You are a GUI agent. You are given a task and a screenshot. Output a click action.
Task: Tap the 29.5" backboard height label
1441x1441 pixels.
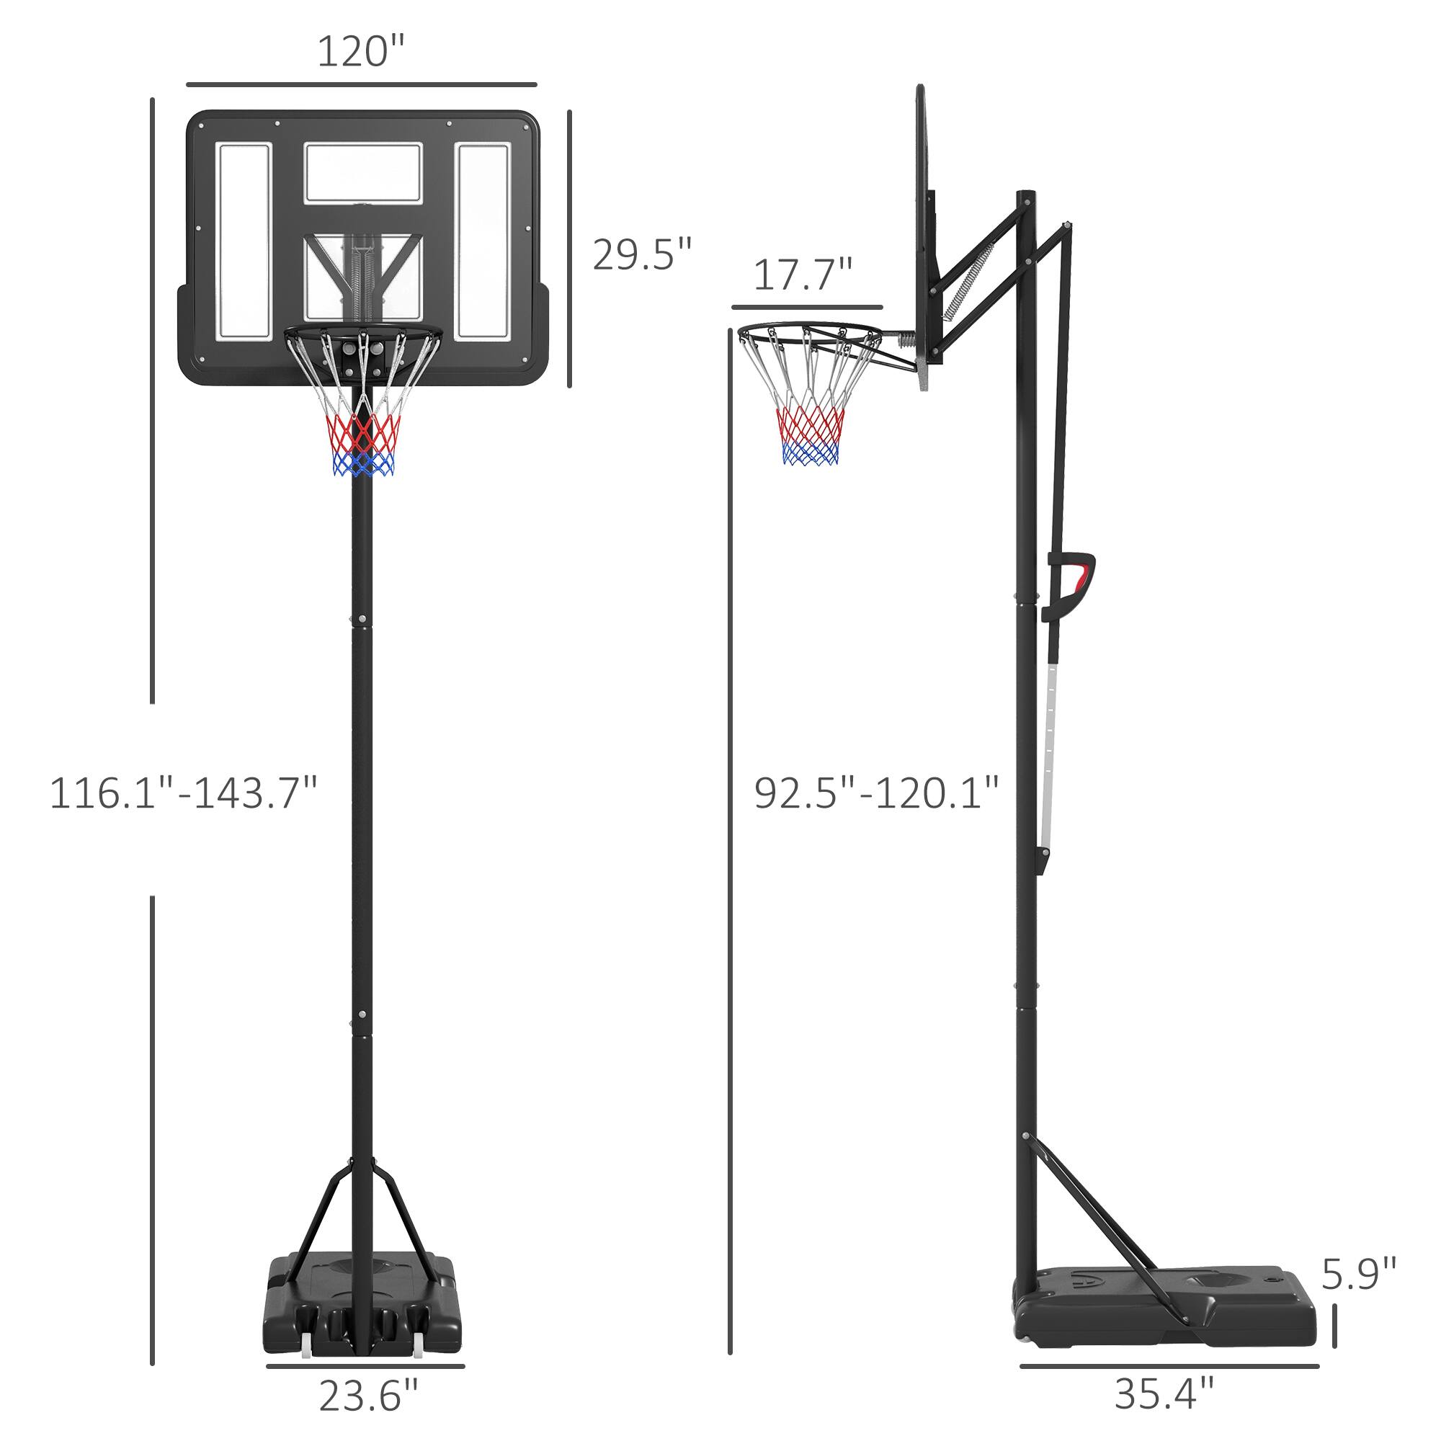coord(642,254)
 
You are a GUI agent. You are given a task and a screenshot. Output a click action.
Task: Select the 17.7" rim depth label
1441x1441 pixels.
coord(803,275)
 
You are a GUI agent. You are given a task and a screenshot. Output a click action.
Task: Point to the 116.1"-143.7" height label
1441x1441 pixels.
coord(184,793)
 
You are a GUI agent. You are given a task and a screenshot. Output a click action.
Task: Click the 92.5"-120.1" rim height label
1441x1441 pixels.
coord(875,793)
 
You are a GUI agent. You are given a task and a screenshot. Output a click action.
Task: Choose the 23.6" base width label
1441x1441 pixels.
coord(368,1395)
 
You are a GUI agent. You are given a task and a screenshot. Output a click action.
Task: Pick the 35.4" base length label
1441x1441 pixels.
coord(1164,1393)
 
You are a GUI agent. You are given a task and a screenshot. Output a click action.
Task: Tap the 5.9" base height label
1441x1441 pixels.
coord(1358,1274)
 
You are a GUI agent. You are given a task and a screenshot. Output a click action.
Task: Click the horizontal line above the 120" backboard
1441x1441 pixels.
coord(361,84)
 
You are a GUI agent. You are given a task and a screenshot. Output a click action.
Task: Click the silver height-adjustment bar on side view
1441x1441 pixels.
coord(1050,754)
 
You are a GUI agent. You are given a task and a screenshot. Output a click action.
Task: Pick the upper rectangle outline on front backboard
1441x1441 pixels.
coord(363,172)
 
